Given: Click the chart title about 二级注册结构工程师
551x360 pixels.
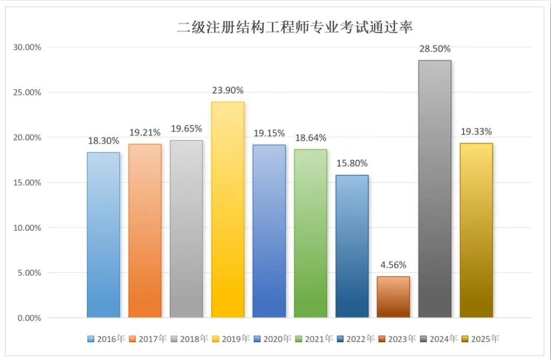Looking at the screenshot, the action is click(x=295, y=27).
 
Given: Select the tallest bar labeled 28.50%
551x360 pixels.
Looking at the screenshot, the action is click(x=435, y=189).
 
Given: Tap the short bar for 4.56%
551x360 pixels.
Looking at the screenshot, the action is click(x=393, y=297).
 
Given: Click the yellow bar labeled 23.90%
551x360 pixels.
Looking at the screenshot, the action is click(x=228, y=210).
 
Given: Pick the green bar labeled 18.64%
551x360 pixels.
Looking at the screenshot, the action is click(x=311, y=233).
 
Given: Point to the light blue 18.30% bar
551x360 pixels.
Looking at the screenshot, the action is click(x=104, y=235).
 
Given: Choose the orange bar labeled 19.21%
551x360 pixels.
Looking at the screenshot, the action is click(x=145, y=231).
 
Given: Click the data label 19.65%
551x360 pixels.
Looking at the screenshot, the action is click(x=186, y=129).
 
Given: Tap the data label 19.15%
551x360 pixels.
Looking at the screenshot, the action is click(x=269, y=133).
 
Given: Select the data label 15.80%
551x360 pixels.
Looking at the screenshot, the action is click(x=352, y=163).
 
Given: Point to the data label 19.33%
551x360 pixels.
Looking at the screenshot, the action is click(x=476, y=131).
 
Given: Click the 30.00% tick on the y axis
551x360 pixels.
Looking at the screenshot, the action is click(x=27, y=47).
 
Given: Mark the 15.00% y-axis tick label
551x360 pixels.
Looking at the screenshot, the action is click(x=27, y=183).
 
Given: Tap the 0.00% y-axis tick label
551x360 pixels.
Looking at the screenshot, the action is click(x=30, y=318).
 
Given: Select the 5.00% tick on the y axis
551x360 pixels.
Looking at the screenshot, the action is click(x=30, y=273).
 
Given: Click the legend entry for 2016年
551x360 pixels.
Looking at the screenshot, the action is click(x=106, y=339).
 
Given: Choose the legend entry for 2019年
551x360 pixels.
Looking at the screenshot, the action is click(x=231, y=339).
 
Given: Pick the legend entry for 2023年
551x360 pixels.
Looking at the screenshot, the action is click(x=397, y=339).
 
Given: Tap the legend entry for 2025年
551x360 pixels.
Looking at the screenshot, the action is click(x=480, y=339).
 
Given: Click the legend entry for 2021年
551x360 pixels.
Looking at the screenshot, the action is click(x=314, y=339).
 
